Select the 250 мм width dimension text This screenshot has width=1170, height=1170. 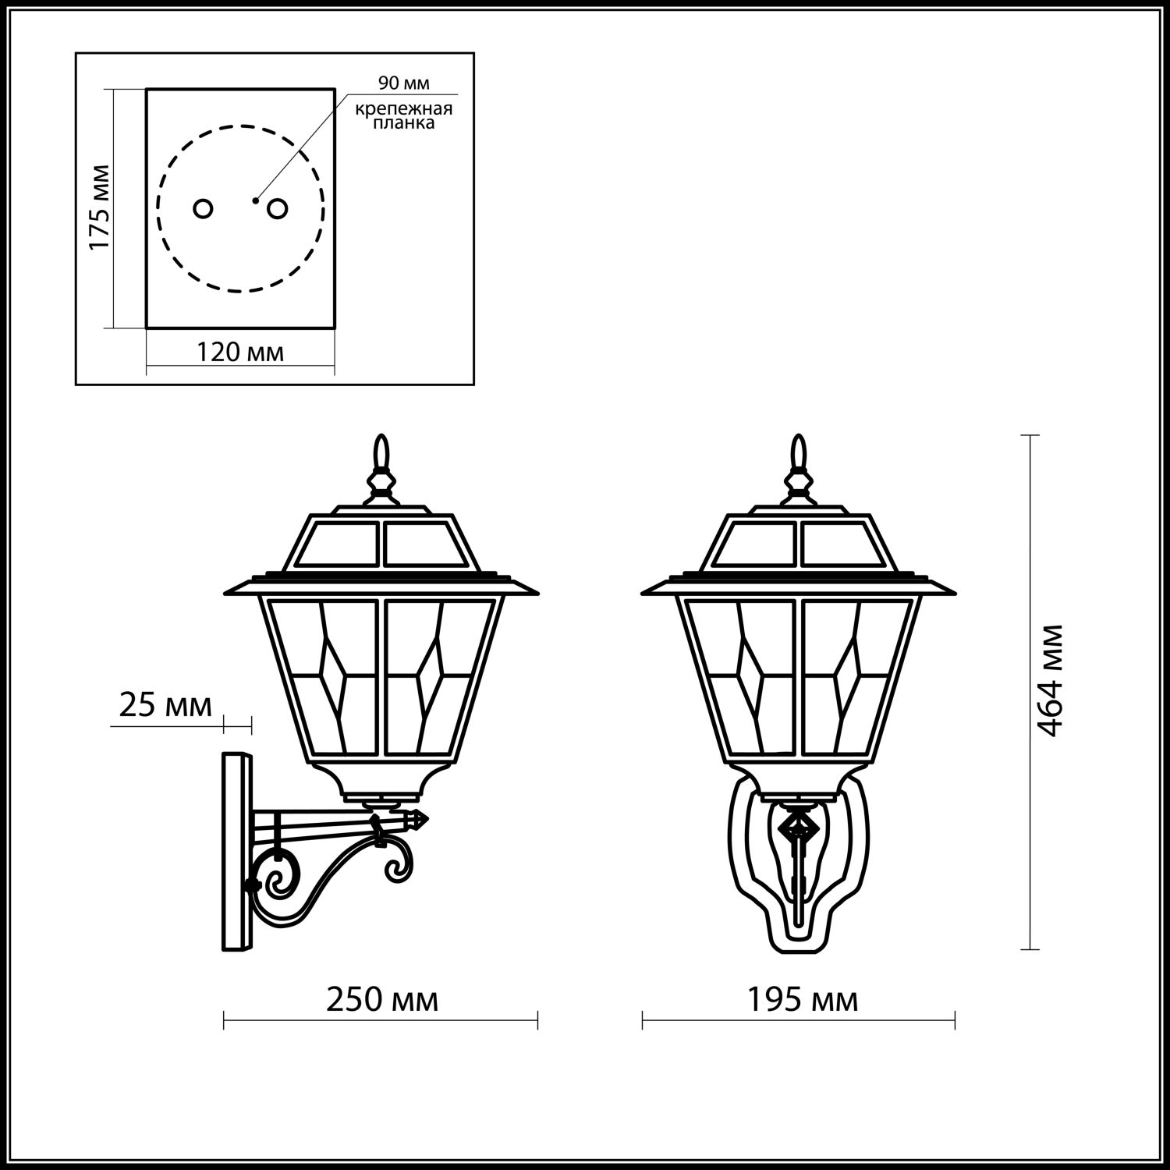tap(382, 999)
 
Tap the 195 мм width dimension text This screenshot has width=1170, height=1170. tap(803, 999)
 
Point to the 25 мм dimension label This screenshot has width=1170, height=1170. tap(165, 705)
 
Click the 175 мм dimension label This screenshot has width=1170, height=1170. tap(100, 207)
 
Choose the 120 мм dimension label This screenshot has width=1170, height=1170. tap(239, 353)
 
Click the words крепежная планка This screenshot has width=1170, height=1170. tap(404, 115)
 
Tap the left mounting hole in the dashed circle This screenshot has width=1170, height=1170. tap(203, 209)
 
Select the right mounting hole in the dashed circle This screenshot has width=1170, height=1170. tap(278, 209)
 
